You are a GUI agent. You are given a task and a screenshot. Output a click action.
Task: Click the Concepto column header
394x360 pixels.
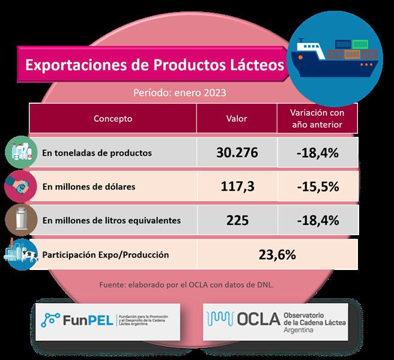[113, 119]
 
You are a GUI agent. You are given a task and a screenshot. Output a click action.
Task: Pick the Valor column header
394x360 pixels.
[236, 119]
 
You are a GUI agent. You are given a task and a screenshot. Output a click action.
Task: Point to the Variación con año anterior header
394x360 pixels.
[316, 119]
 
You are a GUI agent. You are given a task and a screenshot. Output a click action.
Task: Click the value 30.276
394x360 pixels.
[237, 153]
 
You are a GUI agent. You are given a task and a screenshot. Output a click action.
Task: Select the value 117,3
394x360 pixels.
[237, 187]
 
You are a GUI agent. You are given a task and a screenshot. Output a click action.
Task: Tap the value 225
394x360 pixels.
[237, 220]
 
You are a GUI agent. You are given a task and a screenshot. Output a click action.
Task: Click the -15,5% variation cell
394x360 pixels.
[317, 187]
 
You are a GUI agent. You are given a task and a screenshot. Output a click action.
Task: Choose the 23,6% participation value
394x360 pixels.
[277, 254]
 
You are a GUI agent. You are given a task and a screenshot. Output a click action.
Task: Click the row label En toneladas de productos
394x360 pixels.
[97, 153]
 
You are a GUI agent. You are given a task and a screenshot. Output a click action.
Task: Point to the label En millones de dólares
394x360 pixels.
[89, 187]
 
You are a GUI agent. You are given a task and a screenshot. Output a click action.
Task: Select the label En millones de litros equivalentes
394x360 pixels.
[112, 220]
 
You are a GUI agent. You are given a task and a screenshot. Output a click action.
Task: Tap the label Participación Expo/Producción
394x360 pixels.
[106, 254]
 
